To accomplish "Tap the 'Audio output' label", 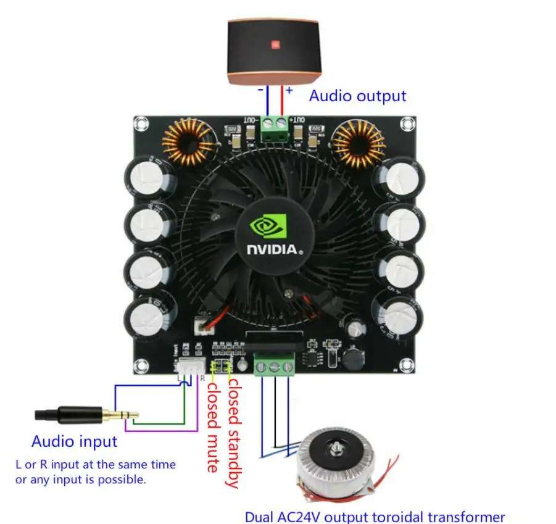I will click(357, 96).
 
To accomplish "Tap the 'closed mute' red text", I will click(212, 426).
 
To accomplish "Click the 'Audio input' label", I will click(74, 441).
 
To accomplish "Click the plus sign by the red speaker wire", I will click(289, 90).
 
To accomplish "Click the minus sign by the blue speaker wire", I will click(260, 90).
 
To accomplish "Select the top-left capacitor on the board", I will click(151, 179).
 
